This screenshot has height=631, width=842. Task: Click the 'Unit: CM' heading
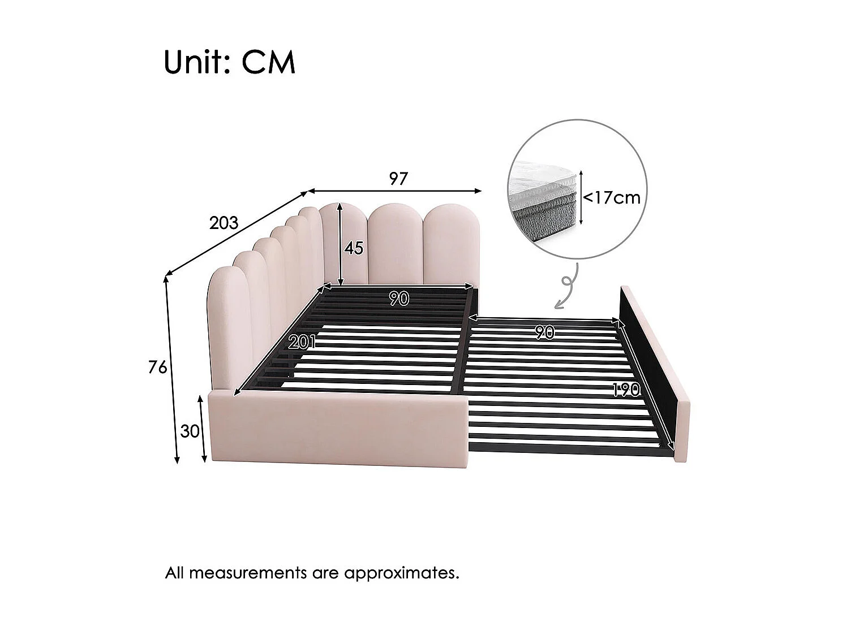(x=229, y=63)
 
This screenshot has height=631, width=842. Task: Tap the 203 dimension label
(x=224, y=223)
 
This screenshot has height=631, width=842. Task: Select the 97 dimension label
(x=398, y=179)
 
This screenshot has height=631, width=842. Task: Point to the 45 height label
(x=354, y=248)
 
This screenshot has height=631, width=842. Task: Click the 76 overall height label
(x=157, y=368)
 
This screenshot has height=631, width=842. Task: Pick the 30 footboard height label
(x=190, y=431)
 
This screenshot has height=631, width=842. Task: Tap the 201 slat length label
(x=302, y=342)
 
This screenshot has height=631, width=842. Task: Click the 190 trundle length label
(x=625, y=390)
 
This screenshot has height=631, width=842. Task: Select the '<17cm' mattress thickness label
(x=612, y=197)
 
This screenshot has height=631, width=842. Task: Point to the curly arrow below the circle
(x=566, y=288)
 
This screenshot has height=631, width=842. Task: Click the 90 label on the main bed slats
(x=399, y=299)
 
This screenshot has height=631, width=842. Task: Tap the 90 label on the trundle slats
(x=544, y=333)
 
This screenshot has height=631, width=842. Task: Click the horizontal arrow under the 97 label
(x=394, y=191)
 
